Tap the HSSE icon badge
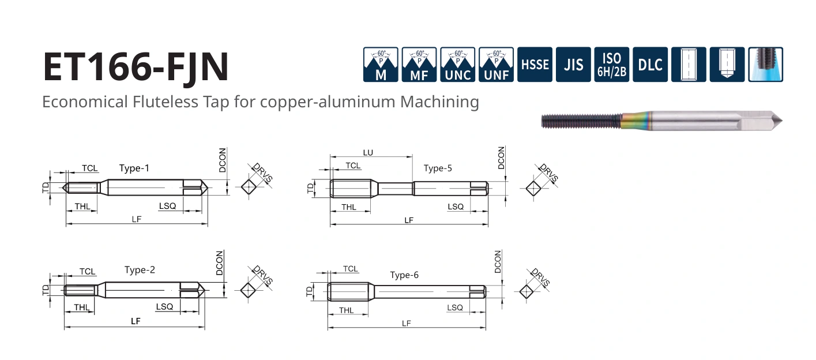(535, 65)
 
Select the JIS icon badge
(573, 65)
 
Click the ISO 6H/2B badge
(612, 65)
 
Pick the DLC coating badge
(650, 65)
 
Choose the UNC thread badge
(457, 65)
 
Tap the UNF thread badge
(496, 65)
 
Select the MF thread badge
(419, 65)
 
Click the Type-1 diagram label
(134, 168)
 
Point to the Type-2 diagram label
(140, 269)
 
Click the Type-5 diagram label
(438, 168)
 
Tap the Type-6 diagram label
(404, 275)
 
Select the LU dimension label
(368, 153)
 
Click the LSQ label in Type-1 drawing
(167, 206)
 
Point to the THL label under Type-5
(349, 207)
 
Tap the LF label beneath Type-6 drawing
(406, 323)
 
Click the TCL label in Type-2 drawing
(88, 272)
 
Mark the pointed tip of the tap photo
(782, 121)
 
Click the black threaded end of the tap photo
(581, 121)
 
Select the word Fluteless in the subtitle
(166, 102)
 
